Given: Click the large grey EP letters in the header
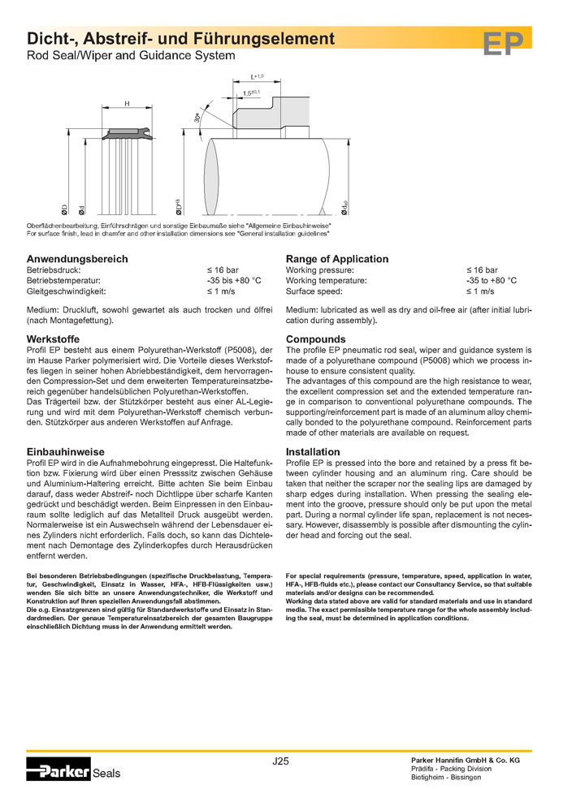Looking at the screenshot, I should pyautogui.click(x=502, y=45).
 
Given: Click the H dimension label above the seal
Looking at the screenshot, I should pyautogui.click(x=128, y=103).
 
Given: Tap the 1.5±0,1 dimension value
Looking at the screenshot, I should pyautogui.click(x=253, y=93).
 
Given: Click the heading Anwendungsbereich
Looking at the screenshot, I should pyautogui.click(x=67, y=259).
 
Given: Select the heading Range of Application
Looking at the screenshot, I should pyautogui.click(x=337, y=259).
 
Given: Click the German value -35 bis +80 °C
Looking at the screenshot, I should pyautogui.click(x=234, y=280).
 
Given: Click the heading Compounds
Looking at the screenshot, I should pyautogui.click(x=316, y=338).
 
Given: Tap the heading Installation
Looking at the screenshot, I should pyautogui.click(x=313, y=451).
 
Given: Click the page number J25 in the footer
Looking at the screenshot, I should pyautogui.click(x=280, y=761).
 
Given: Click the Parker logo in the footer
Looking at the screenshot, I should pyautogui.click(x=58, y=771).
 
